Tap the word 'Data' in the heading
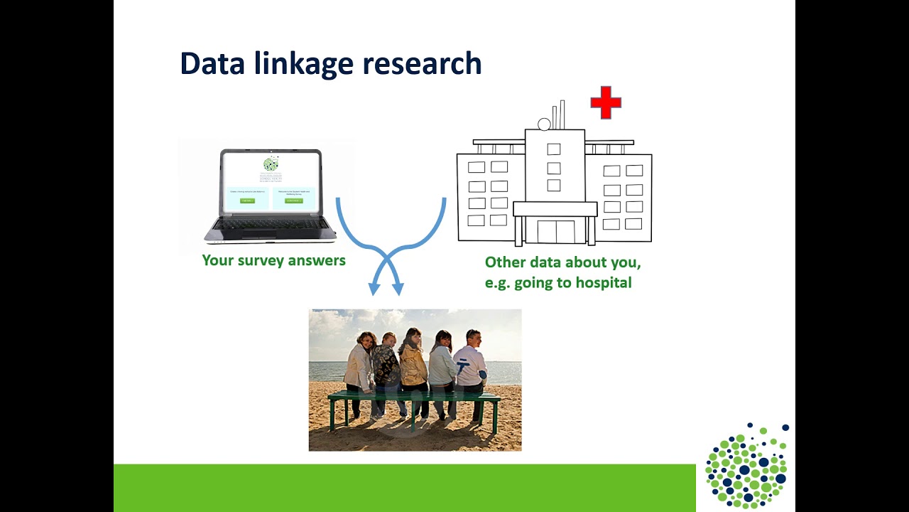tap(210, 64)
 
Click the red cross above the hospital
tap(606, 103)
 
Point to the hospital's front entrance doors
tap(555, 232)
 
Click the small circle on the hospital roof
tap(544, 125)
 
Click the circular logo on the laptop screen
tap(271, 164)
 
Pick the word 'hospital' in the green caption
tap(603, 283)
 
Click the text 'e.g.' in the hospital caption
tap(497, 283)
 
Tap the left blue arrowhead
tap(374, 289)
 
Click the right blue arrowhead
tap(398, 289)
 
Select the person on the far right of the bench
tap(470, 366)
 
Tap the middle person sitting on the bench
tap(413, 366)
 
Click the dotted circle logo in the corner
tap(746, 466)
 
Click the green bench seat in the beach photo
tap(414, 395)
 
